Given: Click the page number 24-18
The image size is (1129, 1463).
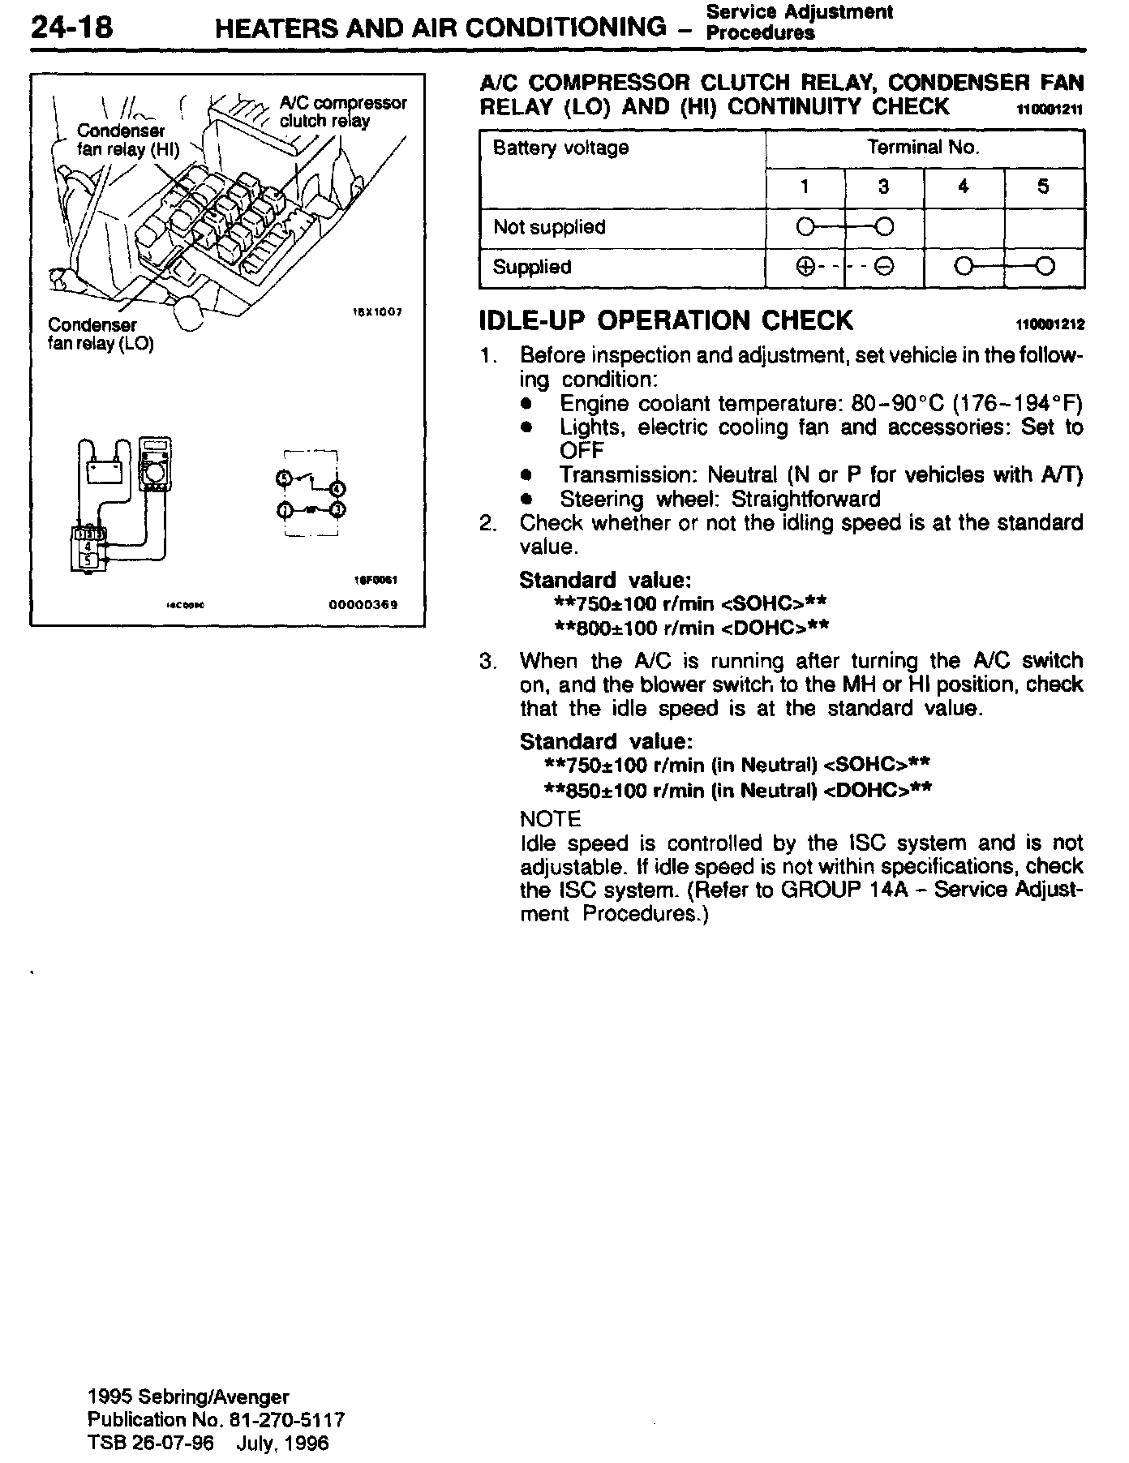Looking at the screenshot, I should [71, 28].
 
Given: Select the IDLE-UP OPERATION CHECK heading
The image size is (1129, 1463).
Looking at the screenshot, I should [666, 320].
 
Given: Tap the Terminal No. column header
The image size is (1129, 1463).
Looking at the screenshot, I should [924, 148].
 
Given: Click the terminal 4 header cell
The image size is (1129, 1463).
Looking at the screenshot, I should [964, 187].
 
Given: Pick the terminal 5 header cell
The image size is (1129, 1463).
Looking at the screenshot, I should [1044, 187].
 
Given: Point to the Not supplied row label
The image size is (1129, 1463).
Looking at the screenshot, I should [549, 227].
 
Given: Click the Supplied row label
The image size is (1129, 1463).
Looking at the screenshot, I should [532, 267].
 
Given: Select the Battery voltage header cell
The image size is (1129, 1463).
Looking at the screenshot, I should [560, 148].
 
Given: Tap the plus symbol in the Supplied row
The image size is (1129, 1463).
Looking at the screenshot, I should [805, 267].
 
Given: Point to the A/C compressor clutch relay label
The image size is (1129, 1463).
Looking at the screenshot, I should [342, 112].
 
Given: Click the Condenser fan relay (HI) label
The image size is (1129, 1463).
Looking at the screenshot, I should [126, 139].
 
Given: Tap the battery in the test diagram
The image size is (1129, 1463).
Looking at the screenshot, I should [104, 470].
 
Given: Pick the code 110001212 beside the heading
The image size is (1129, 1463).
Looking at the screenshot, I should [1050, 325].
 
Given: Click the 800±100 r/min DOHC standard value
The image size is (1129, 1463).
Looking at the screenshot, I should [691, 628].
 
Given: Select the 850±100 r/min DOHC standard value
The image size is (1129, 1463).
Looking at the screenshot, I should [737, 790].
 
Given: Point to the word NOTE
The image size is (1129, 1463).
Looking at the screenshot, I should [551, 819].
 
